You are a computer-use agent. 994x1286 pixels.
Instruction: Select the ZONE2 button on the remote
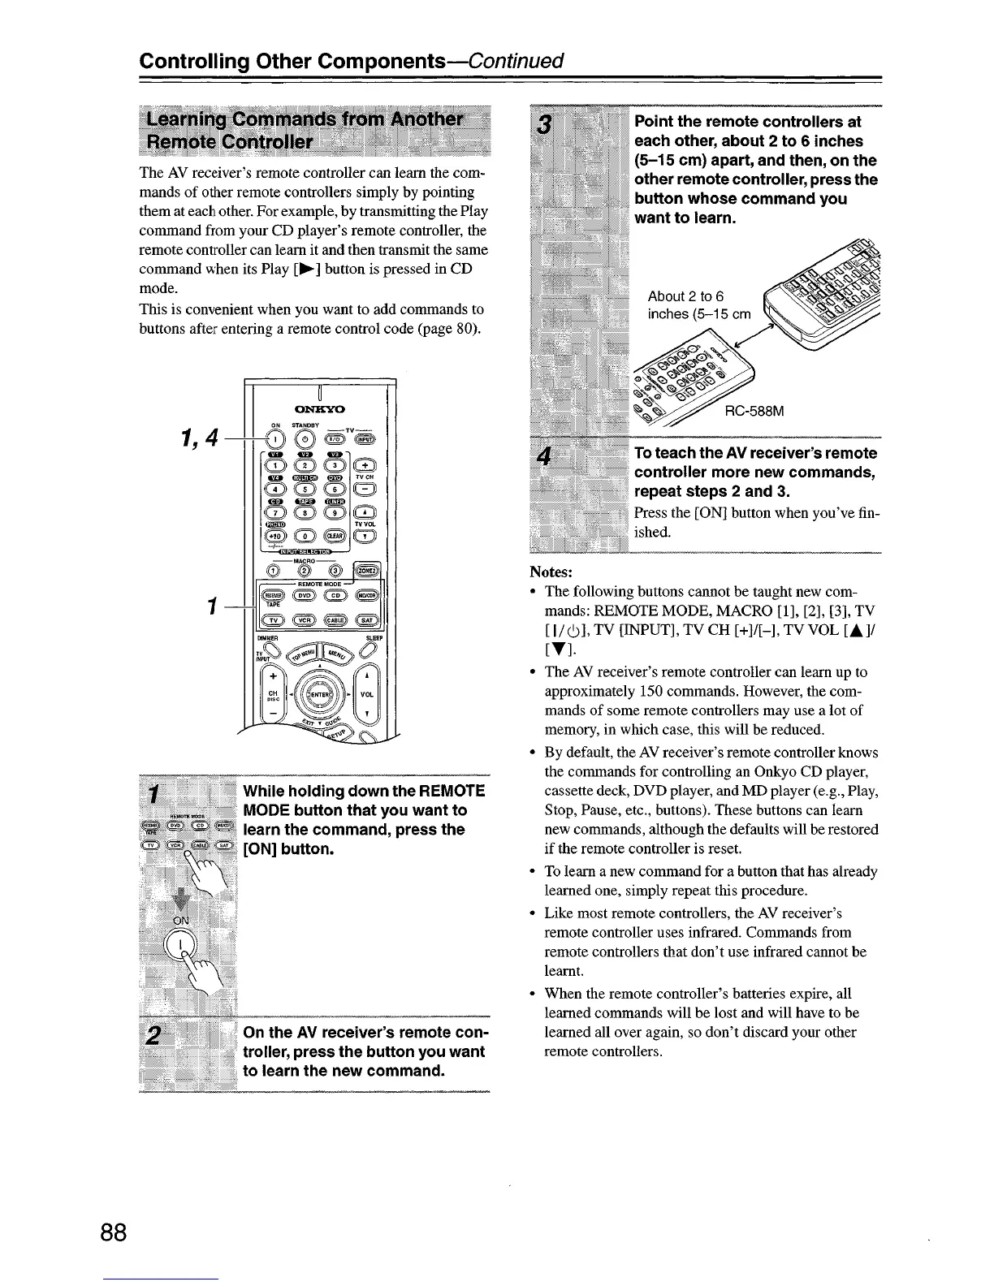366,570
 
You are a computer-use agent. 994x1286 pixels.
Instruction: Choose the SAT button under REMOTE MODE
366,620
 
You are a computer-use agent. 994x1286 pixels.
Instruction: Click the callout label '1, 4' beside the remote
200,438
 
